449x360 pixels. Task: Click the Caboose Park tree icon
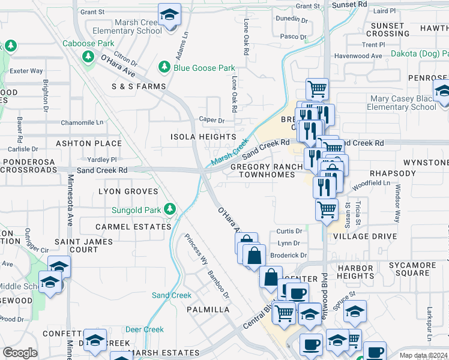[89, 56]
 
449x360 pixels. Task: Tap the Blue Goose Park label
[203, 68]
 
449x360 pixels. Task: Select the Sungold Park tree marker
[170, 209]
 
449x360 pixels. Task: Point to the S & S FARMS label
[138, 86]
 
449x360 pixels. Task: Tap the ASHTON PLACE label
[89, 143]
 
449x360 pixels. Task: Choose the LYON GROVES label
[128, 191]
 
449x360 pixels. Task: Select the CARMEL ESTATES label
[134, 227]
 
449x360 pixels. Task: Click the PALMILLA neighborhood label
[208, 310]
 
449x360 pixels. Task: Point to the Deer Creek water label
[144, 329]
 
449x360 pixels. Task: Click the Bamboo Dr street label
[218, 284]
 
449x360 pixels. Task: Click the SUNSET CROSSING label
[387, 29]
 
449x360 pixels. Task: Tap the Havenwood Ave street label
[359, 56]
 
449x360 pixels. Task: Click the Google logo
[20, 353]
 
